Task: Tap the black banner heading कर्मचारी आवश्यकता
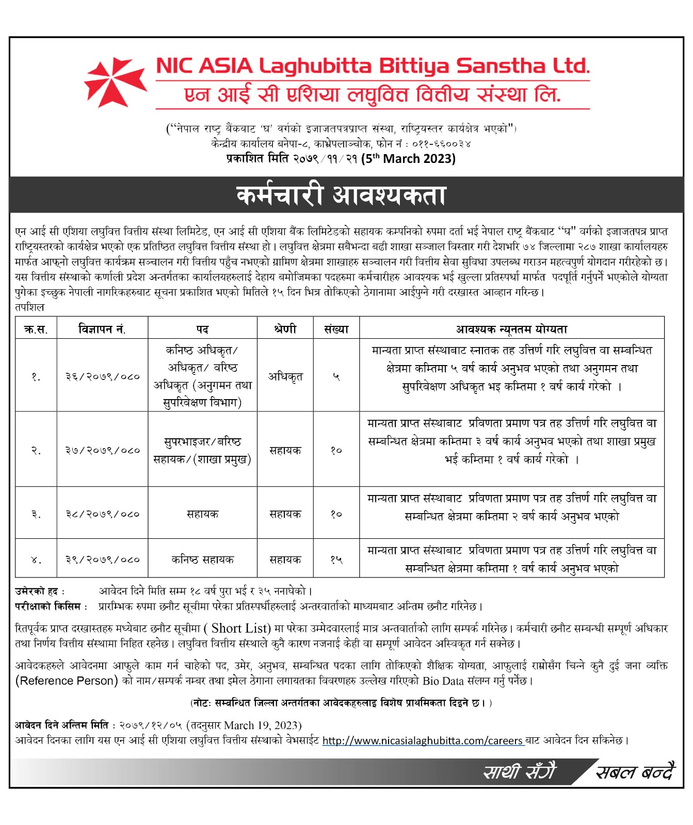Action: (341, 195)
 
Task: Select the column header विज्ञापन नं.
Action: (102, 329)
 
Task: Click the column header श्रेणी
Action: (285, 329)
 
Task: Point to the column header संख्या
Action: (336, 329)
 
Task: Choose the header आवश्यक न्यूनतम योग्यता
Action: (511, 329)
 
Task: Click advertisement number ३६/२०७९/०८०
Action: (102, 376)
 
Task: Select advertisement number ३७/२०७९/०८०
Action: (102, 450)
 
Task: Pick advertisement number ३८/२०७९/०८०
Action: (102, 514)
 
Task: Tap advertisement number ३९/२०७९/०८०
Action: (102, 559)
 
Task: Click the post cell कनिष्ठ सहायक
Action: (202, 559)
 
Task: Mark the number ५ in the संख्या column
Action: (336, 377)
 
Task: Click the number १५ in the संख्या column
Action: (336, 559)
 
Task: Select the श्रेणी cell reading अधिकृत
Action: (285, 377)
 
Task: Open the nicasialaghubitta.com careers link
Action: (423, 741)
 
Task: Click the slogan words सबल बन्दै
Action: (635, 772)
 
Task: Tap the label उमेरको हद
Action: (39, 591)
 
